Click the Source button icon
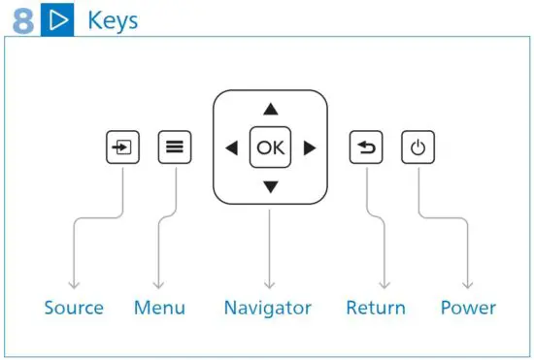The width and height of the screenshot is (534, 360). (x=122, y=148)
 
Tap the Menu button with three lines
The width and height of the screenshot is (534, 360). (x=175, y=148)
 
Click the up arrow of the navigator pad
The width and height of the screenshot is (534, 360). (x=270, y=110)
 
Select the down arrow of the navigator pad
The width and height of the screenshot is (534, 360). (x=270, y=186)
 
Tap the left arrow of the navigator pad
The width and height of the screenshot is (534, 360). (x=231, y=148)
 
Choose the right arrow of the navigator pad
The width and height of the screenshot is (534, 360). (x=309, y=148)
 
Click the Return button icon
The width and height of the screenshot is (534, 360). (x=367, y=148)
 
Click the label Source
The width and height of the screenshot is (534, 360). (x=74, y=309)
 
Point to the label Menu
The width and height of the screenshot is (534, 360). (x=159, y=309)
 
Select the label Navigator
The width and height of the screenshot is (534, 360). (x=267, y=309)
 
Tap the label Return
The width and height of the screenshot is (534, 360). (x=376, y=309)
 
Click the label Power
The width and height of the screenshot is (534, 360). (x=468, y=309)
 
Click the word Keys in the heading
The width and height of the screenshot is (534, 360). (x=113, y=19)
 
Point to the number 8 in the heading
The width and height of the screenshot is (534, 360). (x=23, y=20)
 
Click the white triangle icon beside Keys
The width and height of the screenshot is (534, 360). (x=59, y=20)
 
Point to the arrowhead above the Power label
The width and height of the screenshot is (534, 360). (x=468, y=284)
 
